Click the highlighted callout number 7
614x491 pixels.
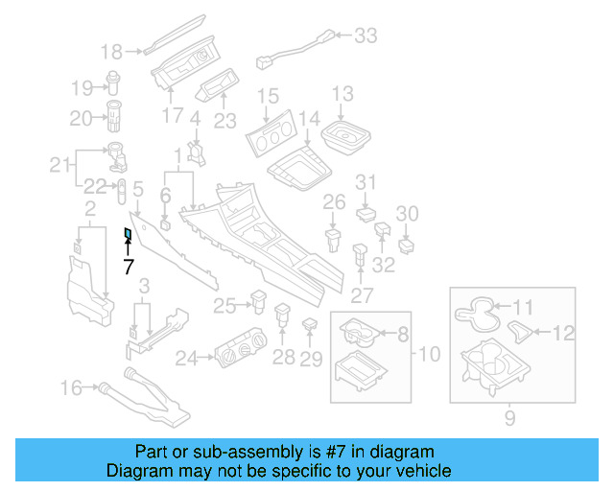coord(128,267)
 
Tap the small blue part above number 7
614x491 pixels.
coord(128,233)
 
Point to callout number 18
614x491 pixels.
coord(112,51)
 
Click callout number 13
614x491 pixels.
coord(342,94)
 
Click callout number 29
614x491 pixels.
coord(310,360)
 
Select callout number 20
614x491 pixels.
coord(80,118)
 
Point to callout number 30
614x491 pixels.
coord(408,213)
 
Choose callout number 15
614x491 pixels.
coord(267,96)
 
